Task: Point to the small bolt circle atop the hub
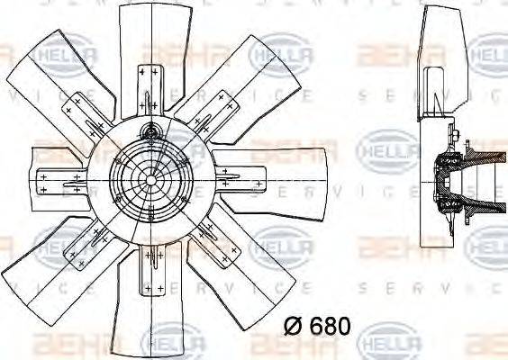tap(151, 136)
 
